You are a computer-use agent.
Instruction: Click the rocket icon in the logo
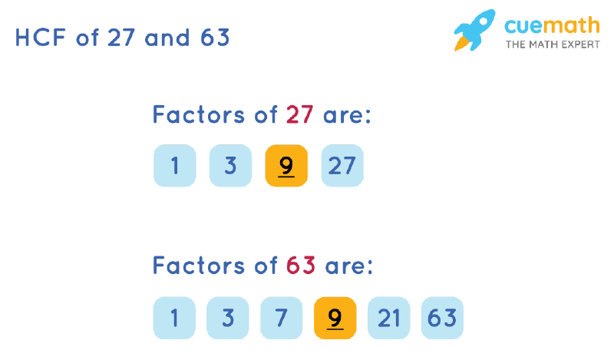point(474,30)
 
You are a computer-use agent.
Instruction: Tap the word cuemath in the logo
point(551,25)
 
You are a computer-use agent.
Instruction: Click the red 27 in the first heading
point(299,115)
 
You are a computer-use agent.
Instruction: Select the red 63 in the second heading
point(301,266)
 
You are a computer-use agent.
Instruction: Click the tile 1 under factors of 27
point(175,166)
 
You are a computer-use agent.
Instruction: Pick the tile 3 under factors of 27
point(230,166)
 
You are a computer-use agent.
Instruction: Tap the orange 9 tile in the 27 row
point(286,166)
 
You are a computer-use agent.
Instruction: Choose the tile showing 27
point(342,166)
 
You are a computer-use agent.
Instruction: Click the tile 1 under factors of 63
point(174,318)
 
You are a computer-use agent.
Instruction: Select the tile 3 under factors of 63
point(228,318)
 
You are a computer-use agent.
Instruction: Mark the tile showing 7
point(282,318)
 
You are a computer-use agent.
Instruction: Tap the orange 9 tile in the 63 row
point(335,318)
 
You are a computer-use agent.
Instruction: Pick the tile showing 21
point(389,318)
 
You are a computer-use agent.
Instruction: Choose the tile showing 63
point(443,318)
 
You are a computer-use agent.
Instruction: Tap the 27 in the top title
point(122,38)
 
